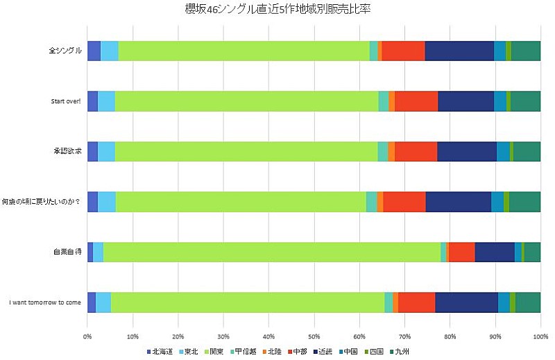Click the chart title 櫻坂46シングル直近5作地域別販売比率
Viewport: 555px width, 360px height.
[278, 9]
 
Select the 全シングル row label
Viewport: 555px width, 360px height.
[65, 51]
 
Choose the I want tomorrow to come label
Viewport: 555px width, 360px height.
[45, 302]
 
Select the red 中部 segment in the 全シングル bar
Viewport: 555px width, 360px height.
[403, 51]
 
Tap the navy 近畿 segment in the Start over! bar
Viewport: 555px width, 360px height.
[466, 101]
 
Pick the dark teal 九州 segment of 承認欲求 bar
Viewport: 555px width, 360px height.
[527, 151]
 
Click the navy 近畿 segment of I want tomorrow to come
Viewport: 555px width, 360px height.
[466, 302]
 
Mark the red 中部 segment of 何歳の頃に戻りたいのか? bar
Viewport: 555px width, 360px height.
[404, 201]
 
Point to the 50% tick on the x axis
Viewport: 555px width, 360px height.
[314, 337]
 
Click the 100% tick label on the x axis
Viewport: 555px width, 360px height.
[540, 337]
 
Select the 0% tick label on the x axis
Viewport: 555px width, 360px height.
[87, 337]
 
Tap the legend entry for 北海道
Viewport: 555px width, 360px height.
[161, 352]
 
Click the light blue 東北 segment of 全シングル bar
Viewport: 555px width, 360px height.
[109, 51]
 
